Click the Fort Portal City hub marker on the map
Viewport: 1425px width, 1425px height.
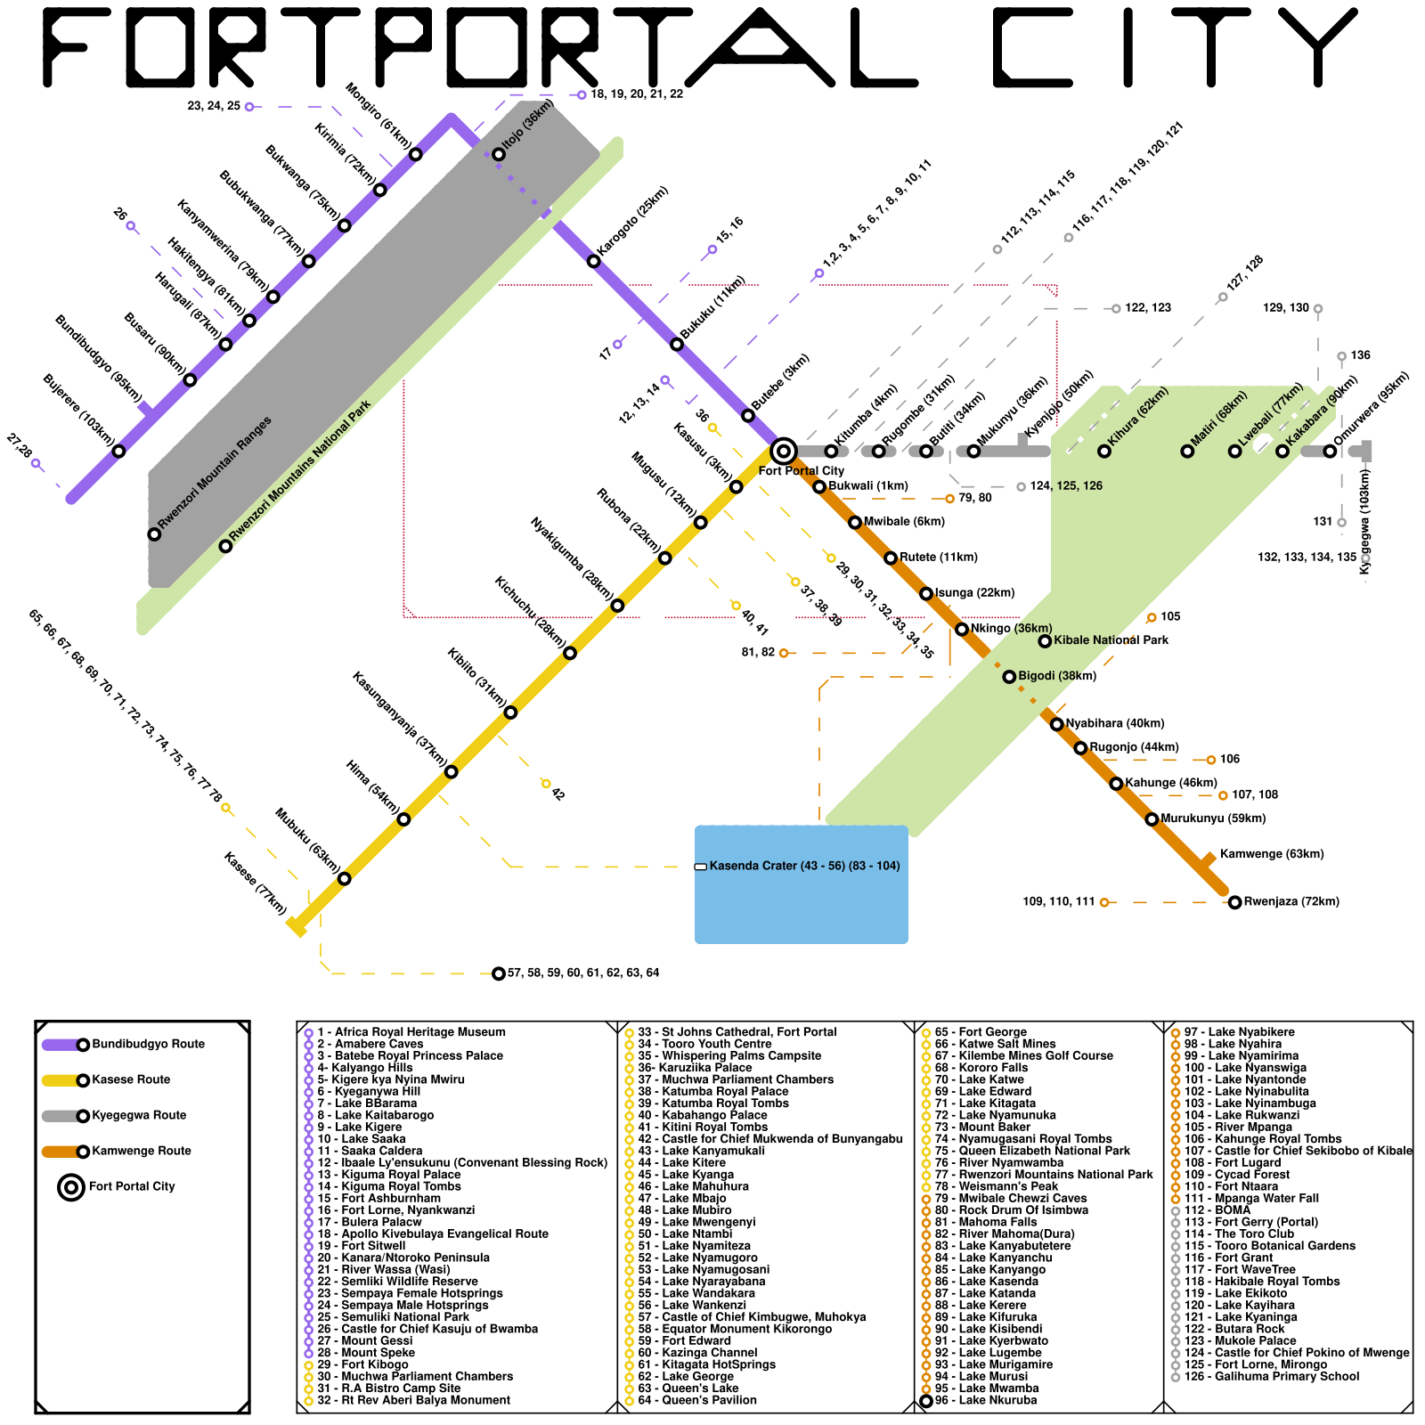(783, 451)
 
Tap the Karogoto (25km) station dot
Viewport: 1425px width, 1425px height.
(594, 261)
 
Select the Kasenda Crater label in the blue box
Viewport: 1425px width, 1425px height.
(804, 866)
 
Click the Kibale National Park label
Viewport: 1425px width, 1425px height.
(1111, 640)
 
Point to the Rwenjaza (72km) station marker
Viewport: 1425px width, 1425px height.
(1234, 902)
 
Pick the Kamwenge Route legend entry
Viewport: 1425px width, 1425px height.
(141, 1151)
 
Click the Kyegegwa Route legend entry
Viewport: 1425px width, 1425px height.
(139, 1115)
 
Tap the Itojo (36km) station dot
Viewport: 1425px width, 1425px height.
(499, 154)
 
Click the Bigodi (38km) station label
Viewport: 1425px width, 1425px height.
(1057, 676)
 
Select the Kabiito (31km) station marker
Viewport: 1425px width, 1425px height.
(510, 712)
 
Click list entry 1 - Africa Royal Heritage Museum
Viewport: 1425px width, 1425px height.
(411, 1032)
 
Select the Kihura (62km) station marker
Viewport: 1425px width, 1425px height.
(1104, 452)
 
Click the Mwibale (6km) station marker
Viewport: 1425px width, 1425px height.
(855, 522)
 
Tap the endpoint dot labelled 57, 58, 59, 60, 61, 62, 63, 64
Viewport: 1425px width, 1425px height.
(499, 973)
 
